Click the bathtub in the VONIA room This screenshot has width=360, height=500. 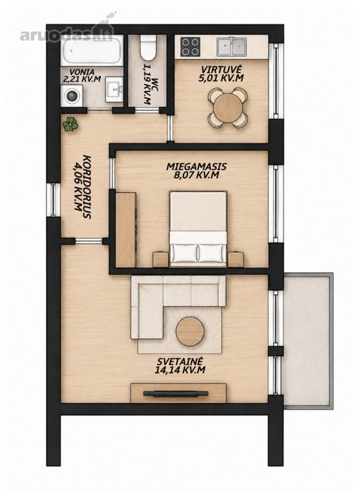pos(92,50)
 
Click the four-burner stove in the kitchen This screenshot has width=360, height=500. pos(190,47)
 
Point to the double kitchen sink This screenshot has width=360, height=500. pos(232,47)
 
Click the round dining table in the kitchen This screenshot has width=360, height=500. pos(228,107)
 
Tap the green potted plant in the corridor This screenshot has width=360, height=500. pos(70,124)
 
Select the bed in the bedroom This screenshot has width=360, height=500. pos(198,228)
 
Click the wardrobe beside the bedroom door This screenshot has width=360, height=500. pos(126,229)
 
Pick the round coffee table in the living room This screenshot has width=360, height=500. pos(190,331)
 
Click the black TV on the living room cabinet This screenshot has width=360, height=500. pos(176,394)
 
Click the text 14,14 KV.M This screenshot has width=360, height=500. pos(180,370)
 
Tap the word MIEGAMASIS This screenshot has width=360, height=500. pos(197,167)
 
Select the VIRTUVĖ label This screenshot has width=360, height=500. pos(221,69)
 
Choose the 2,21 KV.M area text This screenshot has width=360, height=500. pos(82,79)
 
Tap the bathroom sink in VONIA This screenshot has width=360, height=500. pos(114,89)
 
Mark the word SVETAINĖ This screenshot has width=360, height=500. pos(180,361)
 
